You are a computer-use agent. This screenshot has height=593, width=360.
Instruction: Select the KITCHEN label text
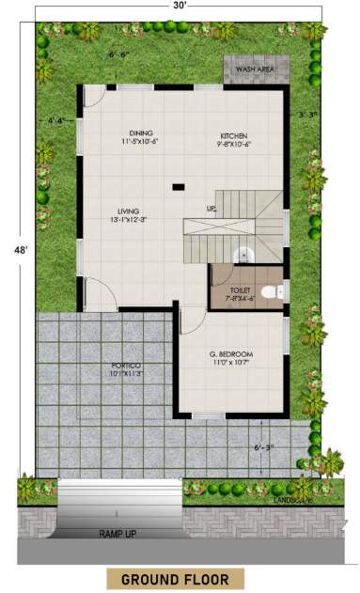[x=234, y=134]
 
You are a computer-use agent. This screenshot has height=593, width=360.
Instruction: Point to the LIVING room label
[x=129, y=211]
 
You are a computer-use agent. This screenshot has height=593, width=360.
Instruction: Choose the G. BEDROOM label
[x=231, y=354]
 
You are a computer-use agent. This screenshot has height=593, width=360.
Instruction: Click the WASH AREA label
[x=255, y=70]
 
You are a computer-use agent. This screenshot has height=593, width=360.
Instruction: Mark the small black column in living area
[x=178, y=187]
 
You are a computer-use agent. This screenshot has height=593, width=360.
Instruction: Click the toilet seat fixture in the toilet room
[x=272, y=293]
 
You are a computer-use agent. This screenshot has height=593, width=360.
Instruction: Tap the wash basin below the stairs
[x=243, y=253]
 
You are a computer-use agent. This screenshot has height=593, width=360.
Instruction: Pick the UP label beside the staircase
[x=211, y=208]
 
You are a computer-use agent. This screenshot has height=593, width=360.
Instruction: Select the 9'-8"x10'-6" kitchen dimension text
[x=234, y=144]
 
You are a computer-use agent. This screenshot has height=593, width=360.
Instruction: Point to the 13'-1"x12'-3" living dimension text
[x=129, y=220]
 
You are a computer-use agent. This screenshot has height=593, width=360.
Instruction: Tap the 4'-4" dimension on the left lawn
[x=58, y=120]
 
